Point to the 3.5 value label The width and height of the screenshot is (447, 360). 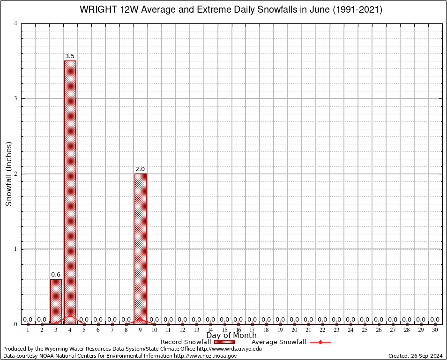pos(70,56)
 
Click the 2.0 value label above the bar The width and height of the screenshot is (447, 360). pos(141,169)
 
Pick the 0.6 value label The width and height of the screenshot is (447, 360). pos(56,275)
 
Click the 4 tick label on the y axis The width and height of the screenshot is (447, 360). pos(16,23)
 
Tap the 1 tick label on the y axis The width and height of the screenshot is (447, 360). pos(16,249)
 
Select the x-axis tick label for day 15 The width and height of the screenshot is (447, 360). pos(224,330)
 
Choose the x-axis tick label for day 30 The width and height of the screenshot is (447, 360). pos(435,330)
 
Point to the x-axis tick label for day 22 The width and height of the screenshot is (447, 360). pos(323,330)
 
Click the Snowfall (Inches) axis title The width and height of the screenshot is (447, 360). pos(9,173)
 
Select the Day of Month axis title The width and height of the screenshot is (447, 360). pos(231,336)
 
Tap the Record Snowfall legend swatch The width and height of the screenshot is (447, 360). pos(225,342)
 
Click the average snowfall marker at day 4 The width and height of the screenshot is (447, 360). pos(70,315)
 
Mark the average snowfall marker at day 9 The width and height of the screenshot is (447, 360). pos(141,319)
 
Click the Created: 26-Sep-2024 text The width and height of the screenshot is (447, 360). pos(416,356)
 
